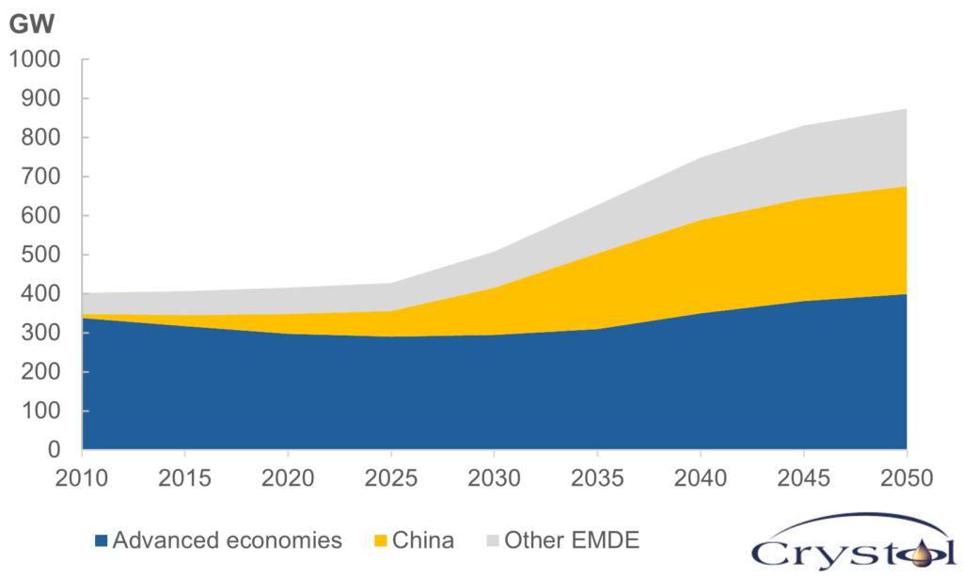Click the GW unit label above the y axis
[x=33, y=24]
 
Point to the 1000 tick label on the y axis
[x=34, y=59]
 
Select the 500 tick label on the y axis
[x=41, y=255]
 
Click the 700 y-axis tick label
[x=41, y=177]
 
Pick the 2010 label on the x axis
[x=82, y=478]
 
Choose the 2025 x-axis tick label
[x=391, y=478]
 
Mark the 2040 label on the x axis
[x=701, y=478]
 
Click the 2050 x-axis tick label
[x=907, y=478]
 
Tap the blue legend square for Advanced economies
[x=101, y=541]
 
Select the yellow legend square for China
[x=381, y=541]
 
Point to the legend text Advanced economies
[x=227, y=540]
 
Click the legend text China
[x=423, y=540]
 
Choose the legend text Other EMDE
[x=572, y=540]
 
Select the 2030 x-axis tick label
[x=495, y=478]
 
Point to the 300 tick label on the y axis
[x=41, y=333]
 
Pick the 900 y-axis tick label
[x=41, y=99]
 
